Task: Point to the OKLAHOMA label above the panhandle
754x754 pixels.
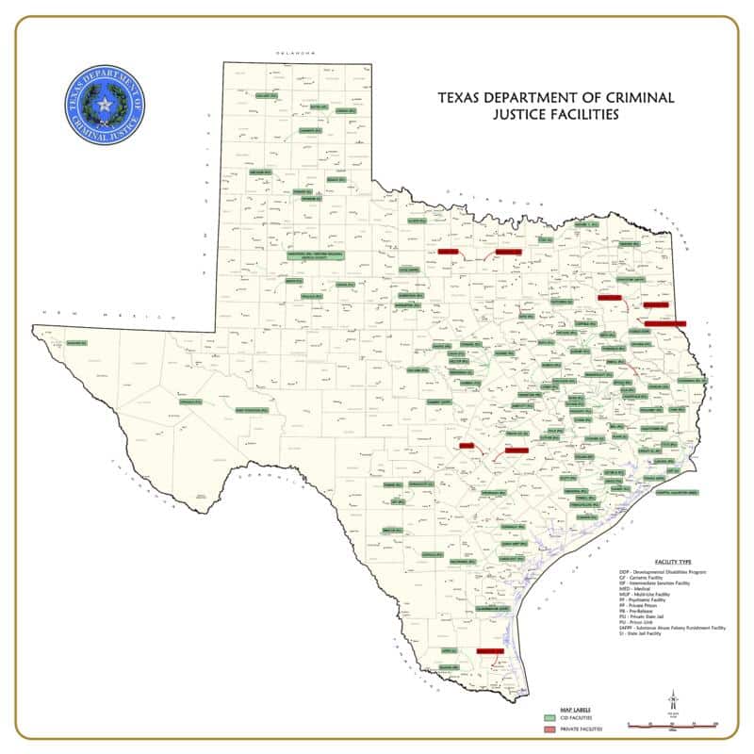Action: click(293, 54)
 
